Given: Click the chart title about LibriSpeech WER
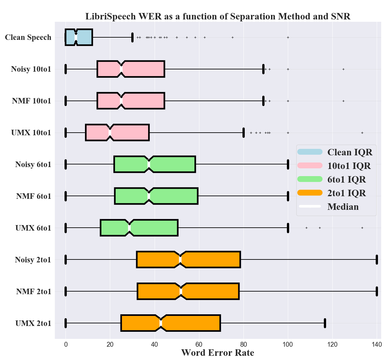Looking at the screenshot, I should (218, 16).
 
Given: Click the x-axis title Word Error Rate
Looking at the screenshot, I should (218, 353).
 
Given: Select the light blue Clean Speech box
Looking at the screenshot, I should (84, 37).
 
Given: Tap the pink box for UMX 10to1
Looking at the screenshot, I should (130, 133).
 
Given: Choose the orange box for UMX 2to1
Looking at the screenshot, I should (191, 323).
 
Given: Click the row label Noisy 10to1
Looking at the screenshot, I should (31, 69).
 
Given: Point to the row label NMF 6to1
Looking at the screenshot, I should (34, 196).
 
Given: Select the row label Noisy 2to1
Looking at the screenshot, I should (33, 260).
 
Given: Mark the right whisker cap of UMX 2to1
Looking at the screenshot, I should (325, 323).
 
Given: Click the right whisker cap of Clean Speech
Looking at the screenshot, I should (132, 37).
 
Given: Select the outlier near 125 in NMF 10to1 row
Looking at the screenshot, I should (343, 101).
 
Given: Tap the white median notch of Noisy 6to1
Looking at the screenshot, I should (149, 164).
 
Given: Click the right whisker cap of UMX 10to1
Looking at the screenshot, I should (243, 133).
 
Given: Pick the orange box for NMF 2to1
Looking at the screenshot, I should (211, 292).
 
